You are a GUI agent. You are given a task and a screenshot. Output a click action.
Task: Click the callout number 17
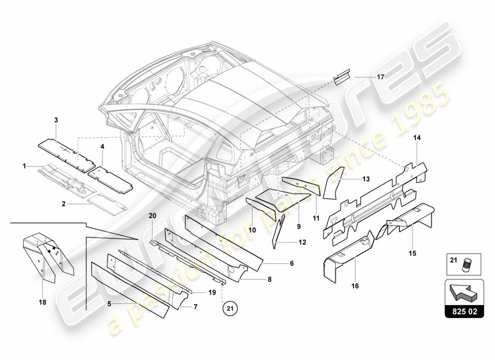pyautogui.click(x=380, y=77)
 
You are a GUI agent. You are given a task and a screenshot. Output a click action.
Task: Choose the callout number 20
pyautogui.click(x=152, y=216)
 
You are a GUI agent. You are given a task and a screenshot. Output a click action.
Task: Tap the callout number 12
pyautogui.click(x=301, y=242)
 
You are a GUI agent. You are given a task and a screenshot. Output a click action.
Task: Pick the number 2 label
pyautogui.click(x=64, y=203)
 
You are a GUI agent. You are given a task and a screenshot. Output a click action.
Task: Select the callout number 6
pyautogui.click(x=292, y=263)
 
